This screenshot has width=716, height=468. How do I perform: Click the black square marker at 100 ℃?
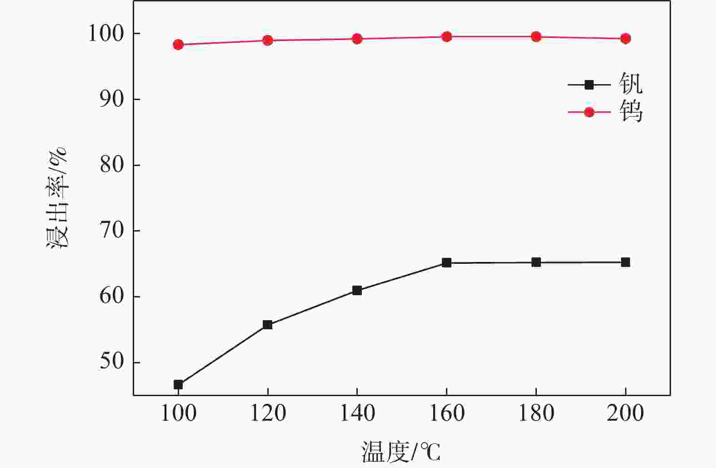[x=178, y=385]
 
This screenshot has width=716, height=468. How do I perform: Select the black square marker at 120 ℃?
[x=268, y=325]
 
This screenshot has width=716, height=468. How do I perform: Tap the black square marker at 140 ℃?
[x=357, y=290]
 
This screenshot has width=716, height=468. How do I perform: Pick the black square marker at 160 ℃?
[x=446, y=263]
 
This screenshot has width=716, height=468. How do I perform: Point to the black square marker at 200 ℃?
[x=626, y=262]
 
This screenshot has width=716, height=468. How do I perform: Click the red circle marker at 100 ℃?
[x=178, y=45]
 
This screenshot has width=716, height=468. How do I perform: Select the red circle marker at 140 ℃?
[x=357, y=39]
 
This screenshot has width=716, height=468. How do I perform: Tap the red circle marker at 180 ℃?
[x=536, y=37]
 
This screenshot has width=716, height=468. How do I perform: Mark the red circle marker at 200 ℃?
[x=626, y=39]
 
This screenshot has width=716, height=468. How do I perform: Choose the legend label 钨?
[x=631, y=112]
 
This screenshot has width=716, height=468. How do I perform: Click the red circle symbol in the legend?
[x=589, y=112]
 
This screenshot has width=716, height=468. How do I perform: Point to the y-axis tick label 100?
[x=105, y=34]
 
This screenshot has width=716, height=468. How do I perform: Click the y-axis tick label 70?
[x=112, y=231]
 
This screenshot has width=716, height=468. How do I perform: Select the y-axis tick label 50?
[x=112, y=362]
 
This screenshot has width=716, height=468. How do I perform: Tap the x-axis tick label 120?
[x=268, y=413]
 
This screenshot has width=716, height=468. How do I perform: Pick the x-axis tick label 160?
[x=446, y=413]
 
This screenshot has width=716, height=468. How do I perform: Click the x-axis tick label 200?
[x=626, y=413]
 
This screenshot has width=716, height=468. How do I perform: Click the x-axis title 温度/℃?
[x=401, y=452]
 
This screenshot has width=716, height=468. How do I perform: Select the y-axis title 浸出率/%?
[x=58, y=197]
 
